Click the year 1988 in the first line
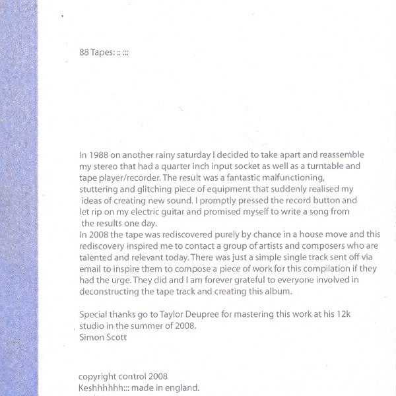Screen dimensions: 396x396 (98, 154)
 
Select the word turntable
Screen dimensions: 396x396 (339, 166)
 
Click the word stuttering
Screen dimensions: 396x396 (97, 188)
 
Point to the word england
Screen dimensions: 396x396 (181, 387)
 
